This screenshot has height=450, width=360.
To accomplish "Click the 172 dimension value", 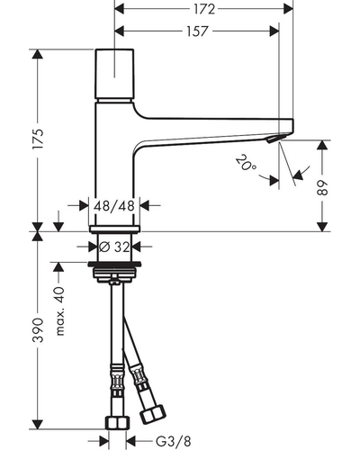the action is (x=204, y=9).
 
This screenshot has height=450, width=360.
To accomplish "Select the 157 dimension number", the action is (x=197, y=31).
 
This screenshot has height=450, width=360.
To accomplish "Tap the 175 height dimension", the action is (x=39, y=139).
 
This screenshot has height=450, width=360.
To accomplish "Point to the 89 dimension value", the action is (x=322, y=188).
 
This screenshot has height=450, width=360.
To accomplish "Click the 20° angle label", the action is (x=246, y=163).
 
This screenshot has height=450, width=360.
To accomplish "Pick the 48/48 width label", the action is (x=114, y=206).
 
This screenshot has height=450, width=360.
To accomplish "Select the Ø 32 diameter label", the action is (x=114, y=247).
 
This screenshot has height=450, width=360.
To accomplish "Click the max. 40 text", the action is (x=59, y=311).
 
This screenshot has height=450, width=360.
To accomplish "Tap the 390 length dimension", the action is (x=39, y=330).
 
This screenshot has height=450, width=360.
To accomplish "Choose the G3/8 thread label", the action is (x=173, y=441).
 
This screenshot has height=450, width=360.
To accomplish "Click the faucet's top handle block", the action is (x=114, y=74).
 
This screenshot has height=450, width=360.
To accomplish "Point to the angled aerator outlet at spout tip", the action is (x=273, y=139).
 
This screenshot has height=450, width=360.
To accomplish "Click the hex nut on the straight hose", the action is (x=117, y=422).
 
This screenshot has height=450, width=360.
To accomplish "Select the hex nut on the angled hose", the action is (x=153, y=414).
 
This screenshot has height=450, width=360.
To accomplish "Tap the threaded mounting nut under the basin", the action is (x=114, y=272).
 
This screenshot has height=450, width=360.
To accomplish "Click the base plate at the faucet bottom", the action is (x=114, y=229).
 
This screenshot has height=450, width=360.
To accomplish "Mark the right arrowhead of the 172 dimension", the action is (x=288, y=9).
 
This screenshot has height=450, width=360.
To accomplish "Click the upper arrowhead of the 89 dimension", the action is (x=322, y=146).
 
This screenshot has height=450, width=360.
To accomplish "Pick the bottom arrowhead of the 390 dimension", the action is (x=38, y=424).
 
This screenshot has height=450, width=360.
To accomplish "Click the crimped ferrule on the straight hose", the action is (x=117, y=378).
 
